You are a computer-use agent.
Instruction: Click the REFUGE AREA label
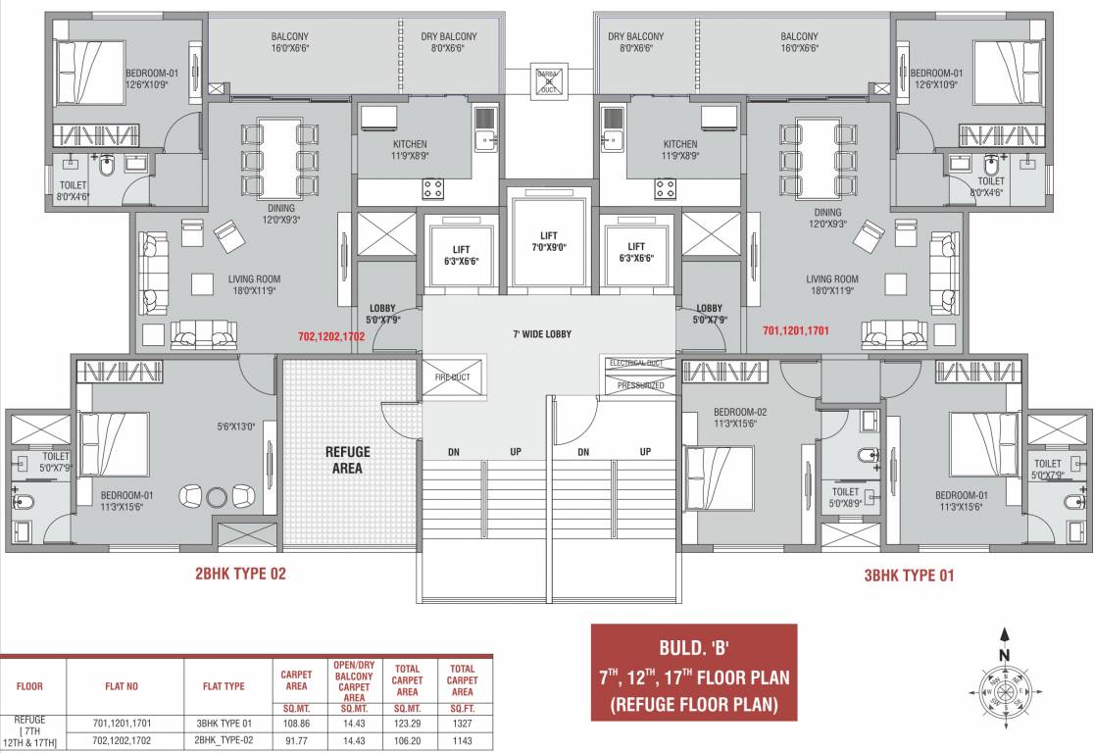coord(347,460)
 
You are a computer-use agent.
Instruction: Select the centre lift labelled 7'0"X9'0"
coord(548,241)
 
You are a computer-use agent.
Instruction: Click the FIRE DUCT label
coord(452,377)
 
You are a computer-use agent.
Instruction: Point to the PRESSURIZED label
coord(640,385)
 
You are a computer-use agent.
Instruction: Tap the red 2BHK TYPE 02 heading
coord(240,575)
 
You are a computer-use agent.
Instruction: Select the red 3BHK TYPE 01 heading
coord(909,576)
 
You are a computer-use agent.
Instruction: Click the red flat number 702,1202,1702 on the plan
coord(331,335)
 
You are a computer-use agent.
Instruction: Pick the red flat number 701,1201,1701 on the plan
coord(795,331)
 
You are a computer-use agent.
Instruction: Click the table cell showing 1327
coord(462,724)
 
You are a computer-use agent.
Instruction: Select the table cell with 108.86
coord(297,724)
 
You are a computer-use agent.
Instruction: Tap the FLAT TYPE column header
coord(229,686)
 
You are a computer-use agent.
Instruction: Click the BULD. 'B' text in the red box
coord(694,648)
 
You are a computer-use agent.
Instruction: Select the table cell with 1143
coord(462,740)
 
